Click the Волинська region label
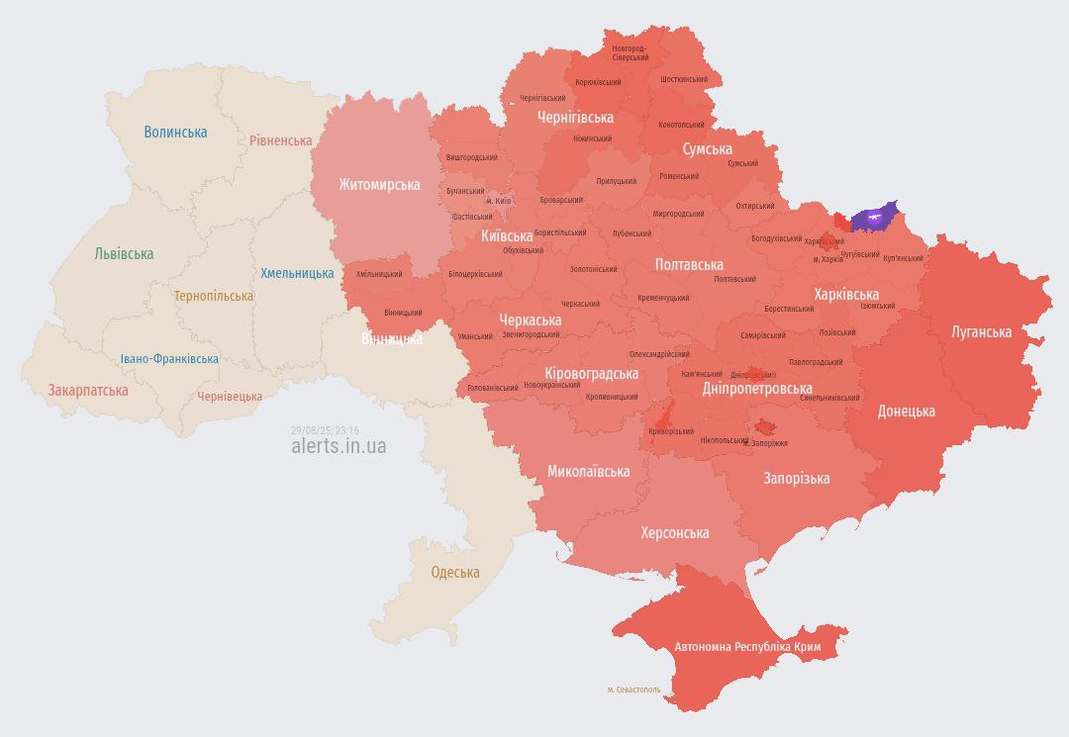tap(175, 132)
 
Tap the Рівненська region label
tap(280, 140)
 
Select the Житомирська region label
tap(379, 184)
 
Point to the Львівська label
tap(124, 253)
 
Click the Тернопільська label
tap(213, 296)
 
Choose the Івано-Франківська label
tap(169, 359)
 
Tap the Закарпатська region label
tap(88, 390)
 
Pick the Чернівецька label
tap(230, 396)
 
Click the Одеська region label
tap(455, 572)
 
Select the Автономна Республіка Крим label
tap(747, 646)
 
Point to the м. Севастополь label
tap(633, 689)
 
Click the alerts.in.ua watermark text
tap(339, 446)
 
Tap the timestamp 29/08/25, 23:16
tap(325, 430)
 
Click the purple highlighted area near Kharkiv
tap(873, 218)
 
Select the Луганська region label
tap(981, 331)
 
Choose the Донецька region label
tap(905, 411)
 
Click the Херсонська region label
tap(674, 532)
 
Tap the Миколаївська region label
tap(588, 471)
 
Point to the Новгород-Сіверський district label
tap(630, 52)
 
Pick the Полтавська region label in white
tap(689, 264)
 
